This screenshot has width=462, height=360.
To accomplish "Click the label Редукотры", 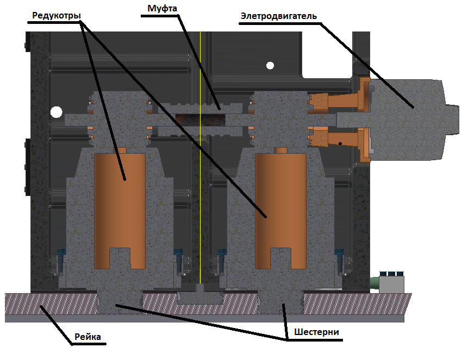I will click(56, 16).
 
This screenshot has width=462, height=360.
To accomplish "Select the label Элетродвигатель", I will click(278, 16).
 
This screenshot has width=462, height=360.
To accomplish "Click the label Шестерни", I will click(315, 332).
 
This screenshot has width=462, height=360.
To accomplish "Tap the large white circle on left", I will click(56, 112).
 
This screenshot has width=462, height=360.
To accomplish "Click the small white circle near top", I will click(270, 66).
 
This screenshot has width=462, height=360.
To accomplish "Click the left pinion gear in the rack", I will click(120, 301).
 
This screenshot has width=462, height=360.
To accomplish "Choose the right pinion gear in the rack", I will click(280, 301).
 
